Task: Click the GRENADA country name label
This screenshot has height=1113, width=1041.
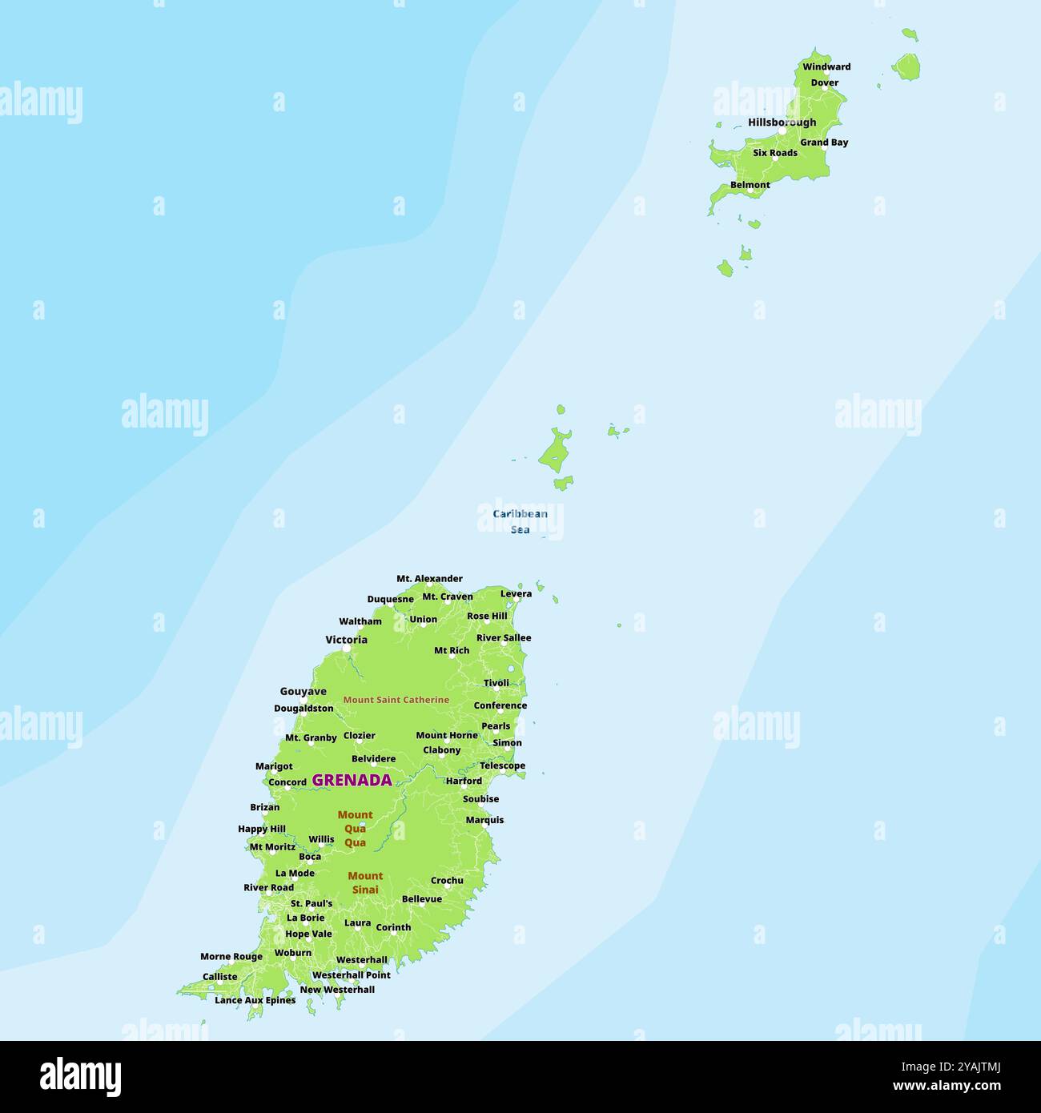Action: coord(352,780)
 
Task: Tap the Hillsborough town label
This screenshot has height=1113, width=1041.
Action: coord(782,123)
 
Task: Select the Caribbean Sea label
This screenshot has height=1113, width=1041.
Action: coord(520,521)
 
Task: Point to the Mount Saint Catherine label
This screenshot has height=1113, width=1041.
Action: coord(396,700)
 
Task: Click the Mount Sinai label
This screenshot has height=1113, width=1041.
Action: coord(365,882)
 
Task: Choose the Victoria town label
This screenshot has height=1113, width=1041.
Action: coord(346,640)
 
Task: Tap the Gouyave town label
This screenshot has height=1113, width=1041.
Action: coord(303,692)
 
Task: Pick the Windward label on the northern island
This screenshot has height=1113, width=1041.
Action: coord(826,67)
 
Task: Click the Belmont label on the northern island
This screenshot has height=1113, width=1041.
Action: coord(750,185)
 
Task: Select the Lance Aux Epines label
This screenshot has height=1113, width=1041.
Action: coord(255,1000)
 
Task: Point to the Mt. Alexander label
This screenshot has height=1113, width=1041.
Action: coord(429,579)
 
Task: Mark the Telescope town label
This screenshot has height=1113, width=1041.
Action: coord(502,766)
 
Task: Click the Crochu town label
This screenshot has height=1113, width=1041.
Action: coord(447,881)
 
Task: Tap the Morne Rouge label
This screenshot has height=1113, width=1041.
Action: coord(231,957)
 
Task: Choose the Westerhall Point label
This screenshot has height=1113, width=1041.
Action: coord(351,975)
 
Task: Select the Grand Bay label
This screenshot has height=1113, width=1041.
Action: coord(824,143)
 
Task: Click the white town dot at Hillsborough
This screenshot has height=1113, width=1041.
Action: coord(782,131)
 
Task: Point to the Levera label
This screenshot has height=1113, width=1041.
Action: coord(516,594)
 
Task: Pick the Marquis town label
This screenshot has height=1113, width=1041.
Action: coord(484,820)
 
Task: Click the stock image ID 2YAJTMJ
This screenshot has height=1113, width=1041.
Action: coord(969,1066)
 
